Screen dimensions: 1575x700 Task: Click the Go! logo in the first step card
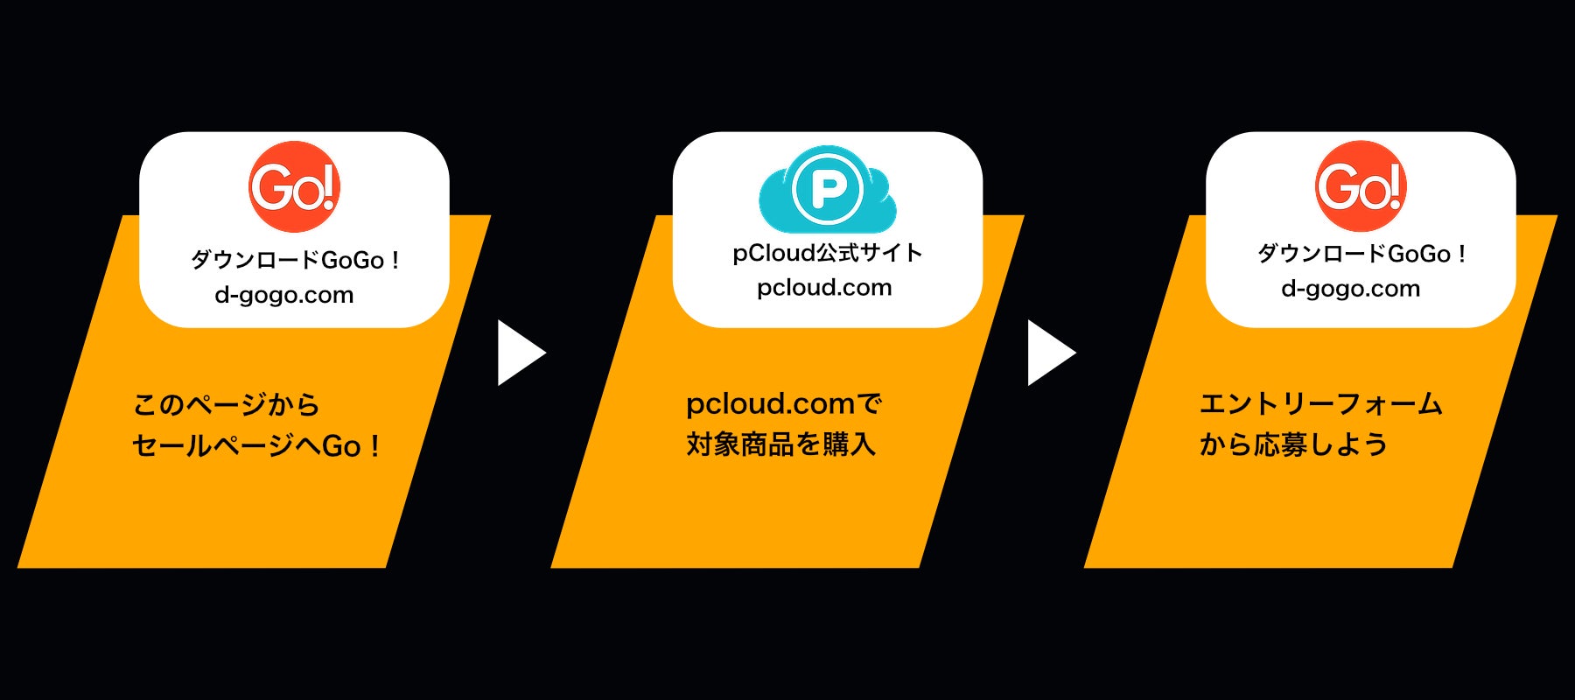294,186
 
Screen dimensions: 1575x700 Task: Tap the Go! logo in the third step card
1361,186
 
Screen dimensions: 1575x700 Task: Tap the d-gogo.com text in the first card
284,295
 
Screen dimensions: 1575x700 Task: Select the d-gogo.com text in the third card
1350,289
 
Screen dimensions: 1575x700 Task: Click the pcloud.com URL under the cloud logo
824,288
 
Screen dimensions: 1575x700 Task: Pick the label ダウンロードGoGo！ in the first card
295,260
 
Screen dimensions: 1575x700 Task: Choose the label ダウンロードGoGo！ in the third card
1361,254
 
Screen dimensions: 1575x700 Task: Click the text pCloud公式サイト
827,253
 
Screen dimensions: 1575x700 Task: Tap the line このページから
226,404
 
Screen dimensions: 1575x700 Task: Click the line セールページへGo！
255,446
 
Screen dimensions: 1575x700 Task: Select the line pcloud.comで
783,404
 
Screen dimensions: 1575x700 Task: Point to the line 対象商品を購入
780,444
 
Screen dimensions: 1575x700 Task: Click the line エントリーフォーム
1320,404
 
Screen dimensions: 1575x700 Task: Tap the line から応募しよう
1293,444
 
